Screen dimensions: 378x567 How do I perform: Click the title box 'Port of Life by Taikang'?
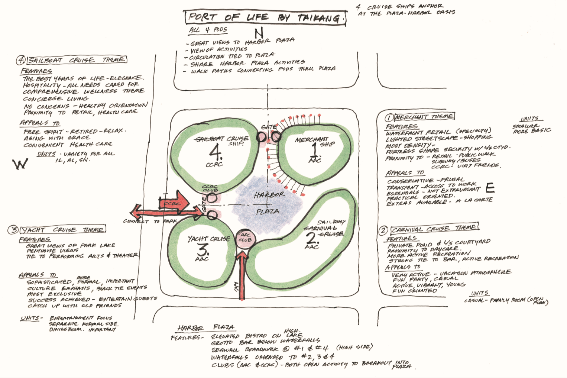[x=265, y=17]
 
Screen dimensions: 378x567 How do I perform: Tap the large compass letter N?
[x=259, y=33]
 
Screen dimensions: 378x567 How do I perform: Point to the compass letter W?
[x=20, y=164]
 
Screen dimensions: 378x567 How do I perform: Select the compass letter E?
[x=490, y=188]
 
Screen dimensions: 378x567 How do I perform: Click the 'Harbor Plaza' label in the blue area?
[x=268, y=203]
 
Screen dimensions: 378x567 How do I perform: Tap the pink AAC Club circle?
[x=245, y=238]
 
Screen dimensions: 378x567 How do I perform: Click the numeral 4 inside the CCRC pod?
[x=216, y=152]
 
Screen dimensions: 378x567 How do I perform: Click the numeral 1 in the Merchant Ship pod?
[x=314, y=150]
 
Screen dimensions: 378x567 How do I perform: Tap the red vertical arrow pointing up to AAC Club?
[x=242, y=275]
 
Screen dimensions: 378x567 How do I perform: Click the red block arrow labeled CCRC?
[x=174, y=203]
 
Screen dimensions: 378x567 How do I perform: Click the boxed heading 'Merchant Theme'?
[x=424, y=117]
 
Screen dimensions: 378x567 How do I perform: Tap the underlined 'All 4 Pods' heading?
[x=208, y=30]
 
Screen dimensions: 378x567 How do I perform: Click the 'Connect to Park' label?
[x=150, y=222]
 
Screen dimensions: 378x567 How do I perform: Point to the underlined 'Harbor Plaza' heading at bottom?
[x=205, y=328]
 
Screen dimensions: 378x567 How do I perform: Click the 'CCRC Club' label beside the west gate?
[x=210, y=188]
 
